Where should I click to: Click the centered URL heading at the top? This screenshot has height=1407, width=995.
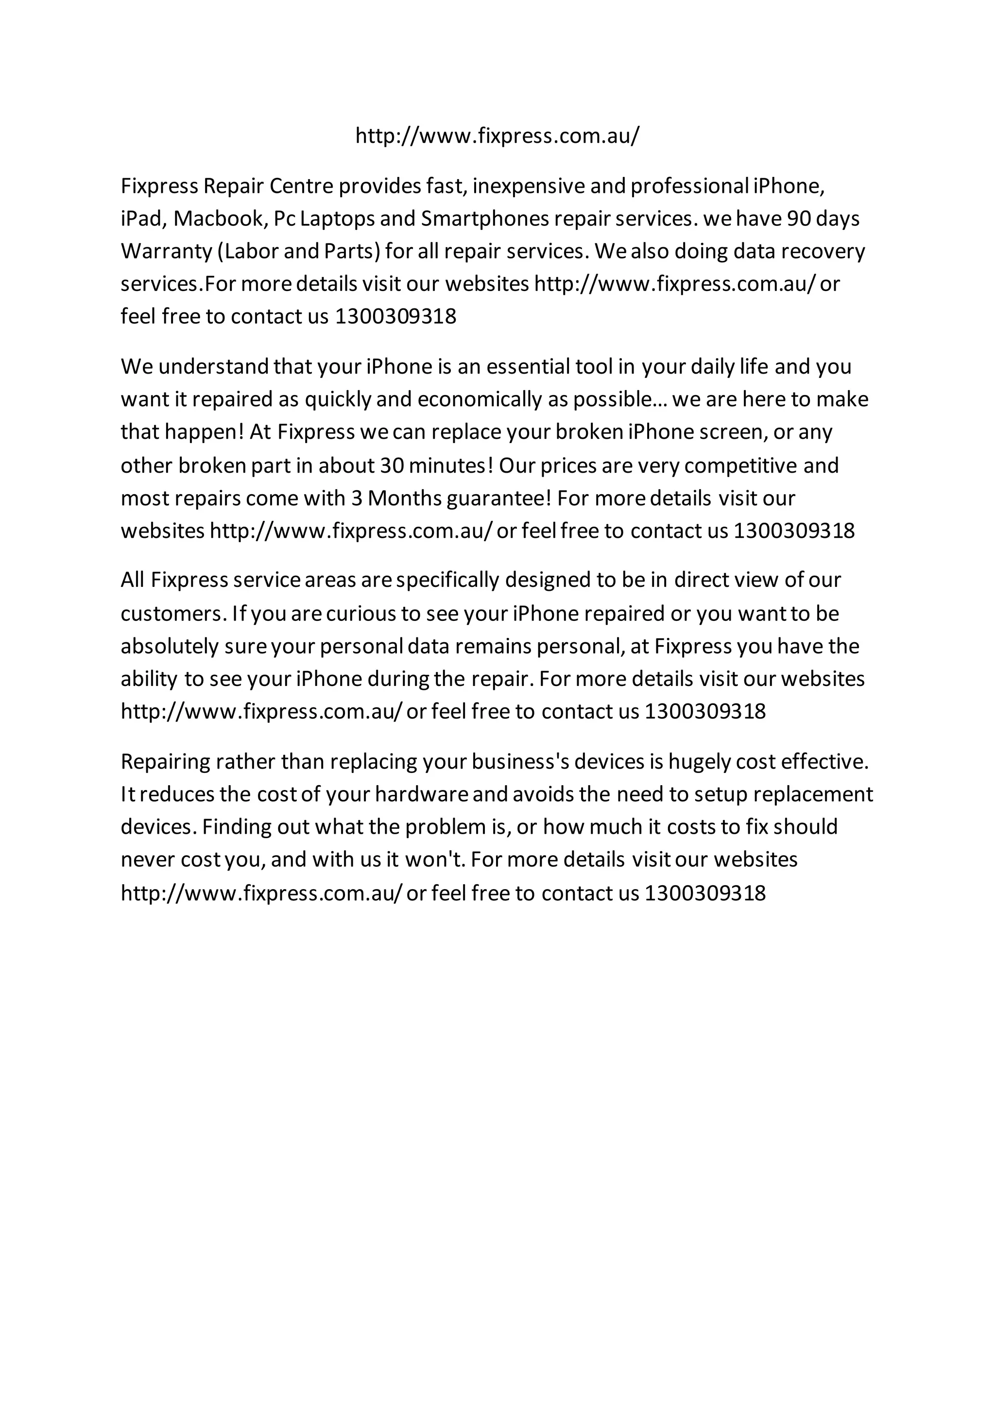(497, 136)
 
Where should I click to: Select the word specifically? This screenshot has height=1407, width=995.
(447, 580)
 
